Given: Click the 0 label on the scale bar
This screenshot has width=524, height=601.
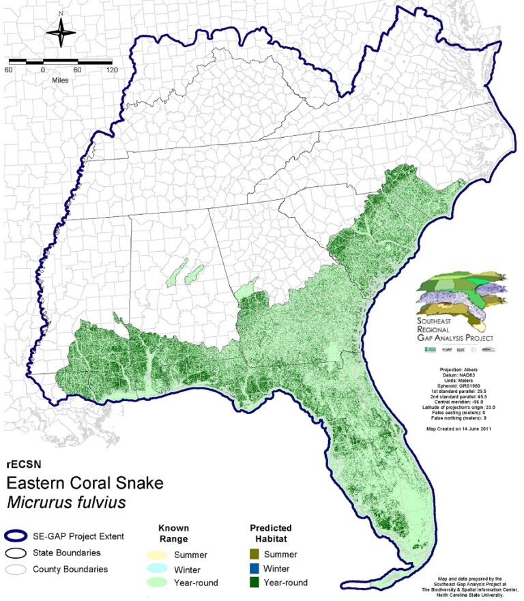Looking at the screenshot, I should coord(43,70).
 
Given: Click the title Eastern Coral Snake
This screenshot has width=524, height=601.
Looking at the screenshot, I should coord(85,484).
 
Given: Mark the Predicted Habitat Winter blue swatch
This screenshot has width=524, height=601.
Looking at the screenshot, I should coord(257,568).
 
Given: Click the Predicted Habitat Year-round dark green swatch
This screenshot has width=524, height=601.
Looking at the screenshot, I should coord(257,582).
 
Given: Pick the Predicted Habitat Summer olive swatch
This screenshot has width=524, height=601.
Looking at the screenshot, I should coord(257,555).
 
